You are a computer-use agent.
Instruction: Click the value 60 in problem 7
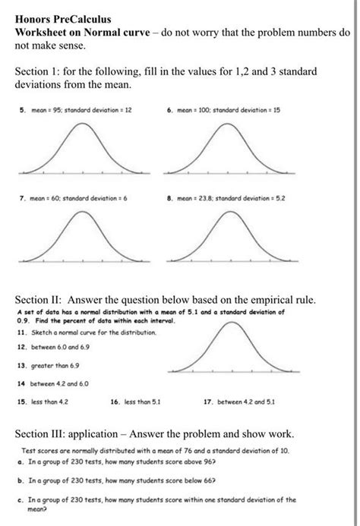[x=58, y=199]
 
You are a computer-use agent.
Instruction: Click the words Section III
[x=48, y=434]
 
